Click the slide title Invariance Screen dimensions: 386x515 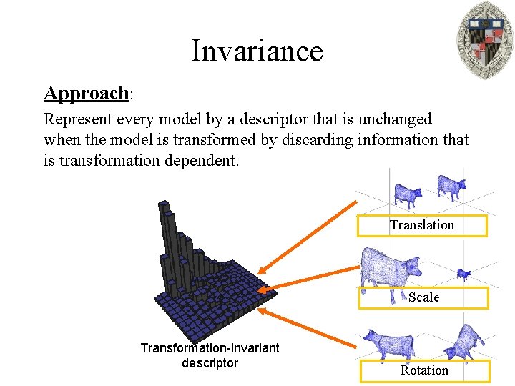[x=257, y=51]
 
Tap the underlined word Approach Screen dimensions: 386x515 [x=87, y=94]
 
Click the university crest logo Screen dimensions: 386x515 [x=484, y=40]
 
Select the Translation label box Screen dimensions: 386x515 [x=422, y=226]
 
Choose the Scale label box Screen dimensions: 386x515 [x=423, y=297]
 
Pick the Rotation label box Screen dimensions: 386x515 [x=424, y=370]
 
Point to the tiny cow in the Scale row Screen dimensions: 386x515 [x=463, y=273]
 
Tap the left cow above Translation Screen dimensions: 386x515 [x=408, y=194]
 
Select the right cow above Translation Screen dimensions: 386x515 [x=451, y=187]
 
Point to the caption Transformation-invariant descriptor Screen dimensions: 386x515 [x=210, y=355]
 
